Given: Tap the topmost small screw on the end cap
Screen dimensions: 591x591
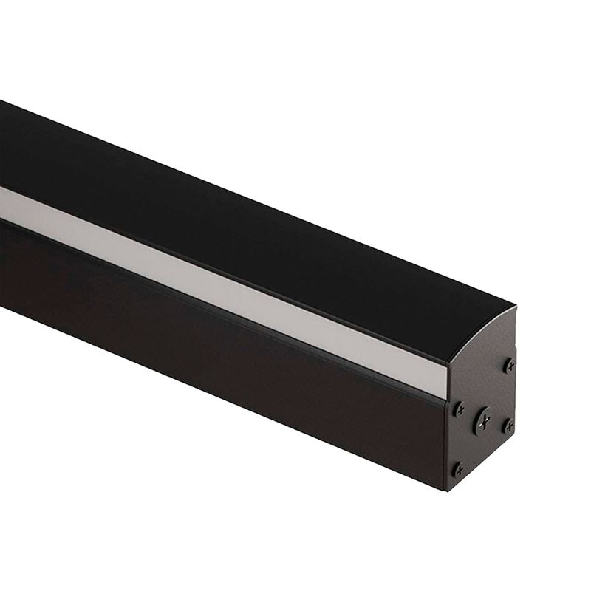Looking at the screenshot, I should pos(510,365).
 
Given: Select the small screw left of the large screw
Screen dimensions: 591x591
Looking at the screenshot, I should pos(459,409).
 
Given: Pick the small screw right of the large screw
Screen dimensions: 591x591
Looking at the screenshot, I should pos(508,426).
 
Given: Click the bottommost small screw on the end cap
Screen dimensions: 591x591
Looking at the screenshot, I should pos(459,468).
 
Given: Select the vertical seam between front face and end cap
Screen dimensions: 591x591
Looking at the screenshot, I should pos(446,443).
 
